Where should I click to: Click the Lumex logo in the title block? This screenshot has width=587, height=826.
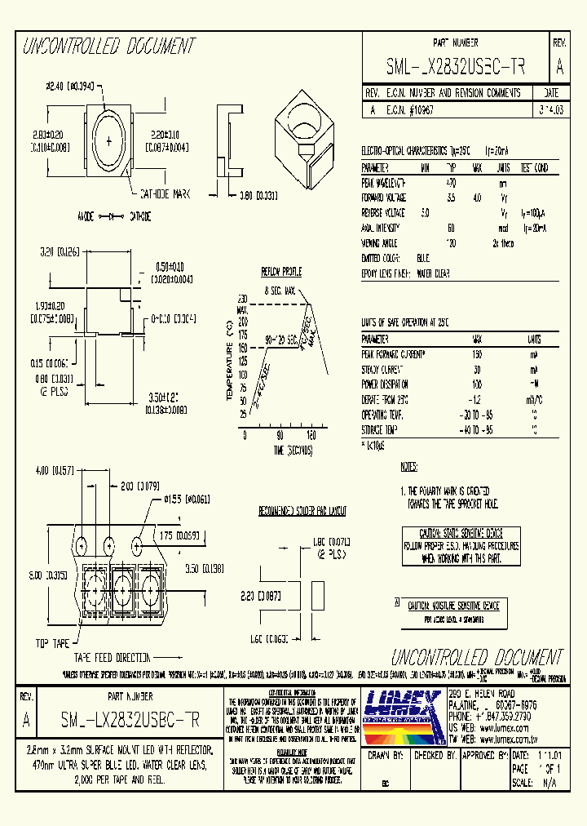click(403, 715)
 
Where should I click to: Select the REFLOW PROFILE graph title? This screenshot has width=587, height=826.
click(280, 272)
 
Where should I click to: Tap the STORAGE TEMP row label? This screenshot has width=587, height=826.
click(380, 429)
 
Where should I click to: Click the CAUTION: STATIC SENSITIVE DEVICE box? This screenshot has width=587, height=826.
click(459, 542)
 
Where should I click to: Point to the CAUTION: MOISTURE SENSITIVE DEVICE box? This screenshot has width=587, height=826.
click(452, 606)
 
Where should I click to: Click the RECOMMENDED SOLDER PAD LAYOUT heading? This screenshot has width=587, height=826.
click(302, 512)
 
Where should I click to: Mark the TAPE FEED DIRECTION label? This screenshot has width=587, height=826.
click(113, 656)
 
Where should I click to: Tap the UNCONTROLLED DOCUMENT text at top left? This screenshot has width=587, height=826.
click(108, 46)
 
